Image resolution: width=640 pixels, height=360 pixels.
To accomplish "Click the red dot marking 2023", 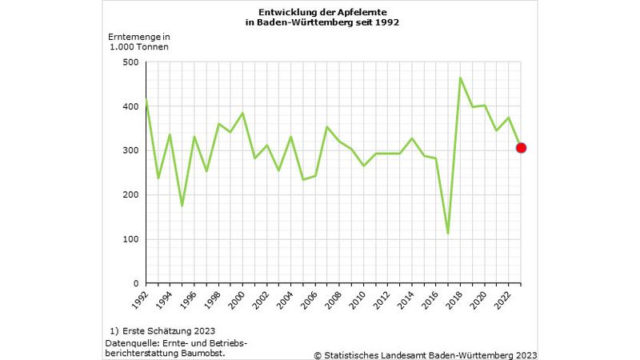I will pos(521,147).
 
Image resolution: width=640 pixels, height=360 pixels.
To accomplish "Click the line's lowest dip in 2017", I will pos(448,234).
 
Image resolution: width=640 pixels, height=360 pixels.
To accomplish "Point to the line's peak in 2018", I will pos(460,78).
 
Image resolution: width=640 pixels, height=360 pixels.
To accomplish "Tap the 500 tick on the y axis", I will pos(130,62).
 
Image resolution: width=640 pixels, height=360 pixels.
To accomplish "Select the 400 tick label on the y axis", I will pos(130,106).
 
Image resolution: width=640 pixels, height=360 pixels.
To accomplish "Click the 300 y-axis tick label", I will pos(130,150).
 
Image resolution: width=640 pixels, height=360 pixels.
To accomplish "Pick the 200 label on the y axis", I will pos(130,194).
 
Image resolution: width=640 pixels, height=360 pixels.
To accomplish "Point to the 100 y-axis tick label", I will pos(130,239).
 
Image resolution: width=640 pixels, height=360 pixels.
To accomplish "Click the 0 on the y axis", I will pos(136,283).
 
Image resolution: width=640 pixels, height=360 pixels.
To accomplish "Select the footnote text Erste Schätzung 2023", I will pos(168,330).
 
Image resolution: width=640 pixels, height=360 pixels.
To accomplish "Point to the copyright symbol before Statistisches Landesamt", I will pos(318,354).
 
